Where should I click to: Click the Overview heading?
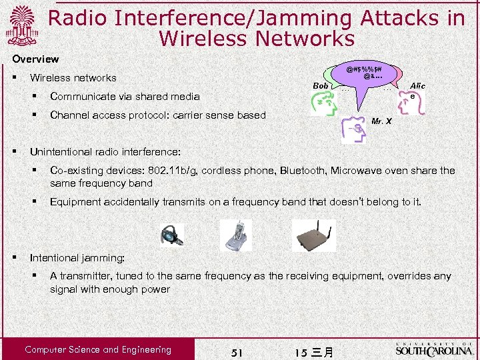click(35, 59)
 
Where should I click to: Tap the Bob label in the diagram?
click(321, 86)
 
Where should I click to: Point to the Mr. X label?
click(381, 121)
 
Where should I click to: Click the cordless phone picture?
click(237, 235)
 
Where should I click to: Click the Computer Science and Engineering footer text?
click(98, 349)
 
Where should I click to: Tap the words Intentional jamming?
click(77, 257)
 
